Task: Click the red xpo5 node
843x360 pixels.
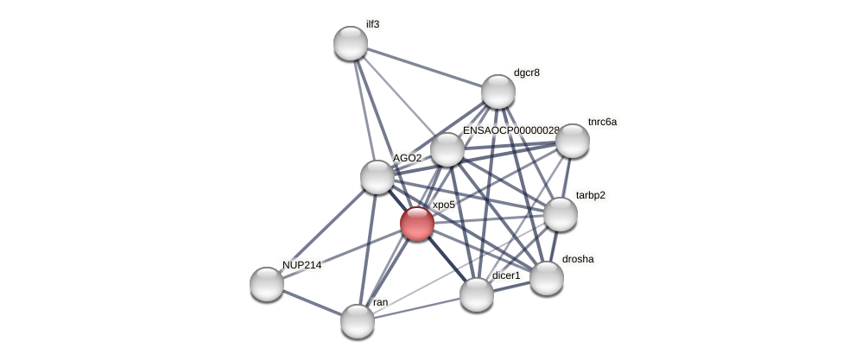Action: point(417,224)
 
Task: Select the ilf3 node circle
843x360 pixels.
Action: point(351,43)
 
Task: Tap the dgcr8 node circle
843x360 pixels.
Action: point(498,92)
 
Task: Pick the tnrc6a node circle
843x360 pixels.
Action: point(572,141)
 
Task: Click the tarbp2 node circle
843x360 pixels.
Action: point(561,214)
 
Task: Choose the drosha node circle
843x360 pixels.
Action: point(547,278)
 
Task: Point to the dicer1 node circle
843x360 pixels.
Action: point(477,294)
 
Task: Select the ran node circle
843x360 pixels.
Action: point(358,321)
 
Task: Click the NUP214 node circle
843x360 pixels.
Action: point(267,284)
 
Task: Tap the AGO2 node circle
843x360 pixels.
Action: point(377,177)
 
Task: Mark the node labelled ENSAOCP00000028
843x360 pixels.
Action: point(447,149)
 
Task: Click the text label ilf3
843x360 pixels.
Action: point(372,24)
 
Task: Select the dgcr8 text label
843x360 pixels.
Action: point(526,73)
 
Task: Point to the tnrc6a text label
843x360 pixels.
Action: point(602,122)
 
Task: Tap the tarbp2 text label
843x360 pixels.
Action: point(591,195)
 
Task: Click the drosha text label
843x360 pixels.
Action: point(577,259)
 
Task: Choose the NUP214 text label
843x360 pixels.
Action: point(301,265)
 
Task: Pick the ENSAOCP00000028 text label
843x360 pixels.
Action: point(510,130)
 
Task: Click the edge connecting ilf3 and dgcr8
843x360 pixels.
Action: point(424,67)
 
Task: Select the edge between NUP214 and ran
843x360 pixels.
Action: point(312,302)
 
